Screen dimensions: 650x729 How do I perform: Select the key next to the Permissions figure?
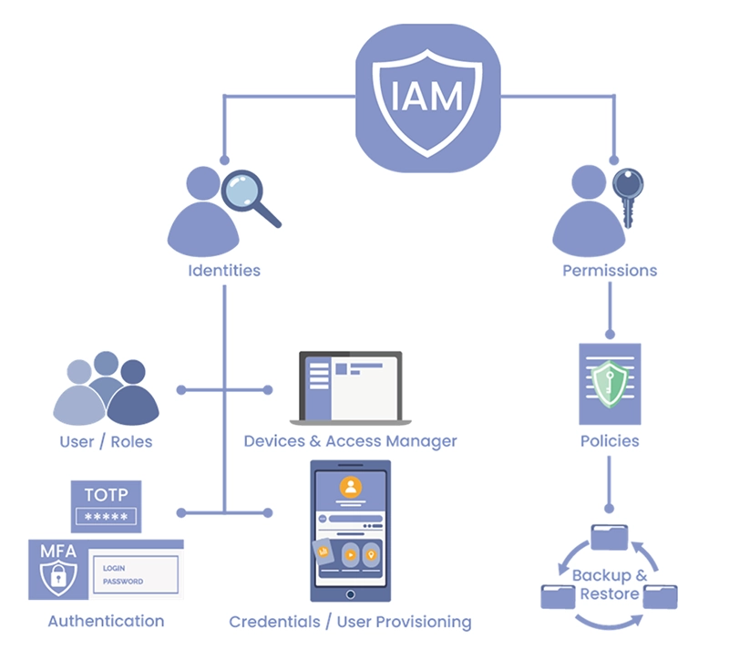[x=628, y=191]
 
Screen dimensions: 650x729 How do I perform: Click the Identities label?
[x=224, y=271]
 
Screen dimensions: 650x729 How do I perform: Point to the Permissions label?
[x=610, y=271]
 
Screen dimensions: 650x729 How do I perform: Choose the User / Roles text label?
[x=106, y=442]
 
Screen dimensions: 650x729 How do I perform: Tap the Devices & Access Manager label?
[x=350, y=442]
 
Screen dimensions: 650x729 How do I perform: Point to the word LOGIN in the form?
[x=114, y=568]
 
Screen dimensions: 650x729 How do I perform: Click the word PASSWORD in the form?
[x=123, y=582]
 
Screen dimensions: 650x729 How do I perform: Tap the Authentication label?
[x=106, y=622]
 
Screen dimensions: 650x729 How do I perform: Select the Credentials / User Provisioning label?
[x=351, y=623]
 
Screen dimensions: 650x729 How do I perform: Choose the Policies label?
[x=610, y=441]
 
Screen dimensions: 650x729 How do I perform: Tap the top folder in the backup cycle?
[x=610, y=537]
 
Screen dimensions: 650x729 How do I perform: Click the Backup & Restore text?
[x=610, y=585]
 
